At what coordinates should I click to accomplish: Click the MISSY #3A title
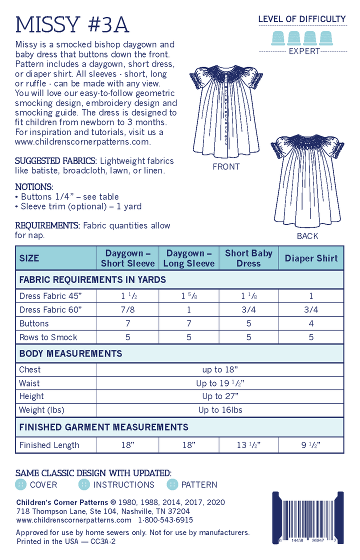click(72, 23)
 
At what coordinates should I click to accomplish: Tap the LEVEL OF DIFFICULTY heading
click(301, 19)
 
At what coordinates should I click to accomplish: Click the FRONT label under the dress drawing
click(226, 167)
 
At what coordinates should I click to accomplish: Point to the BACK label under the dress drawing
click(307, 236)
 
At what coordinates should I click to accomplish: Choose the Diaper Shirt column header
click(311, 258)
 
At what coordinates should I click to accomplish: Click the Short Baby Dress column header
click(248, 258)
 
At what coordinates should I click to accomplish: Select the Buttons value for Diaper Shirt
click(311, 323)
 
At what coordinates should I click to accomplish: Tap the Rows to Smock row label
click(48, 337)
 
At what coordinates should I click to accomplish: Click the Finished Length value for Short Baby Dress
click(248, 445)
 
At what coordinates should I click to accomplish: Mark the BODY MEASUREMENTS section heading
click(70, 353)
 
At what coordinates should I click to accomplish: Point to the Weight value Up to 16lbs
click(220, 410)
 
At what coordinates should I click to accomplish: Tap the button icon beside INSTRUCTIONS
click(84, 484)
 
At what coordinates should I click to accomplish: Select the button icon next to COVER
click(21, 484)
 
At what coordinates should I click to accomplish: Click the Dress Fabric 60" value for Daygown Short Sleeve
click(127, 309)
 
